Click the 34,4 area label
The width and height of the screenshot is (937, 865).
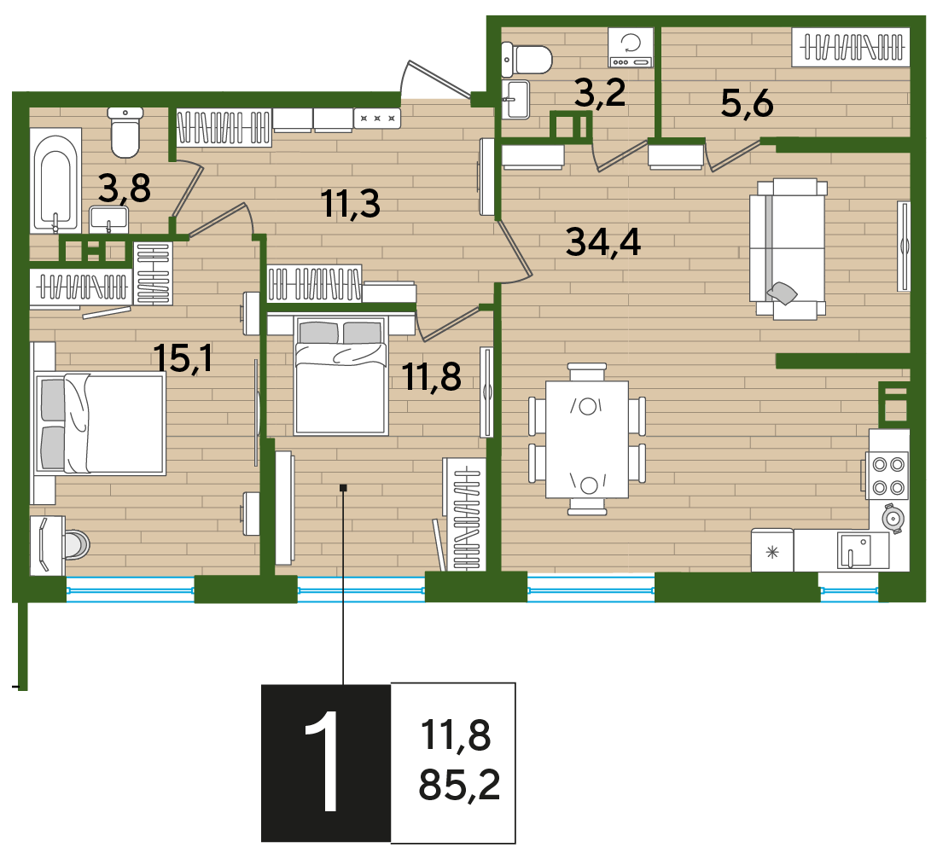point(603,242)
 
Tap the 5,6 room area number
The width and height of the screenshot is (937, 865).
point(747,103)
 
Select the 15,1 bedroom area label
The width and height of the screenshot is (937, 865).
point(183,357)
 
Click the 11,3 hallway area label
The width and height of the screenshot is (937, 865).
point(350,203)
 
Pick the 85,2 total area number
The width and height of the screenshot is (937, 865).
point(459,784)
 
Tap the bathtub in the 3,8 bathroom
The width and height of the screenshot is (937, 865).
point(57,180)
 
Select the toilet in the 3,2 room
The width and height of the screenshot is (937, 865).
point(526,60)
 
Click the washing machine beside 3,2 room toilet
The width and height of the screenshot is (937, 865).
point(631,47)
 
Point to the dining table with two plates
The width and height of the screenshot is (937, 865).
point(587,439)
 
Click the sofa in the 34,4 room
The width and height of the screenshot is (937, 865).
point(789,248)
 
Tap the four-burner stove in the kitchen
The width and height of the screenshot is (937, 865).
point(888,475)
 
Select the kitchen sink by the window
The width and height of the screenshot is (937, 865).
point(855,550)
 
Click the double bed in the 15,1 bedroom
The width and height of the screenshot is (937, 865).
point(100,423)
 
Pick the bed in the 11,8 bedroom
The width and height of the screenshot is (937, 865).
point(341,374)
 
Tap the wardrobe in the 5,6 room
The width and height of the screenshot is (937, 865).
point(851,47)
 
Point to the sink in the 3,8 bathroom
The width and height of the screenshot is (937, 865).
point(108,219)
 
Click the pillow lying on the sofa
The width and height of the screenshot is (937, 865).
point(783,292)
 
